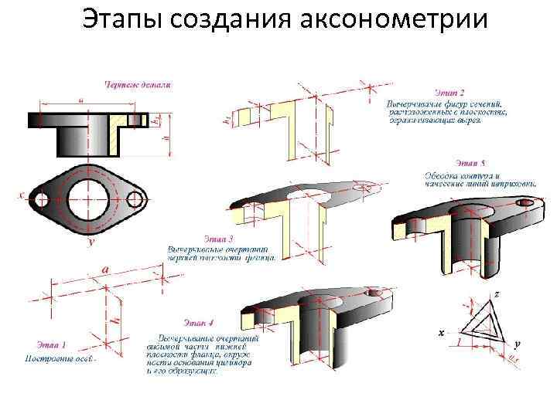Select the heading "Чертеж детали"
click(138, 84)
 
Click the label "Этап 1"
click(51, 344)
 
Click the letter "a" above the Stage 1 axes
click(104, 269)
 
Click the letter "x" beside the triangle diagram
click(441, 333)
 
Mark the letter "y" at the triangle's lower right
click(516, 344)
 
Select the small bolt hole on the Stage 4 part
click(377, 294)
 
